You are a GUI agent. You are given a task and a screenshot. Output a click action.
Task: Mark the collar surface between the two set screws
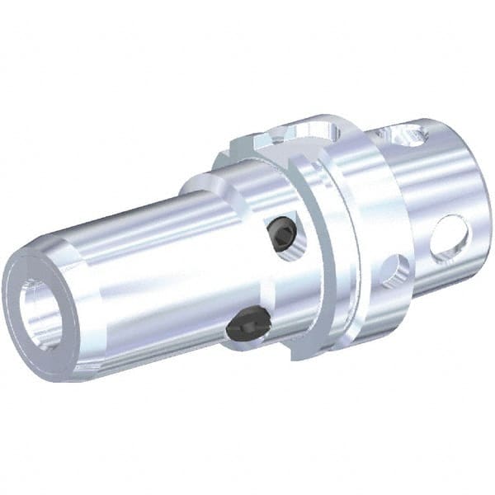(x=268, y=280)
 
